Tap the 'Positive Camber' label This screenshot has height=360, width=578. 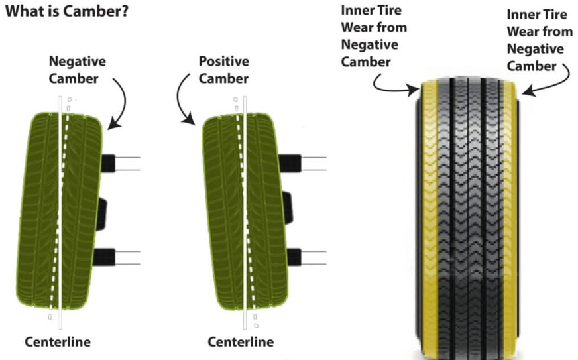coord(223,70)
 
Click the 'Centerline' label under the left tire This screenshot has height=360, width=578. coord(58,342)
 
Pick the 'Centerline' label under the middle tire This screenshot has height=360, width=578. coord(241,342)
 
